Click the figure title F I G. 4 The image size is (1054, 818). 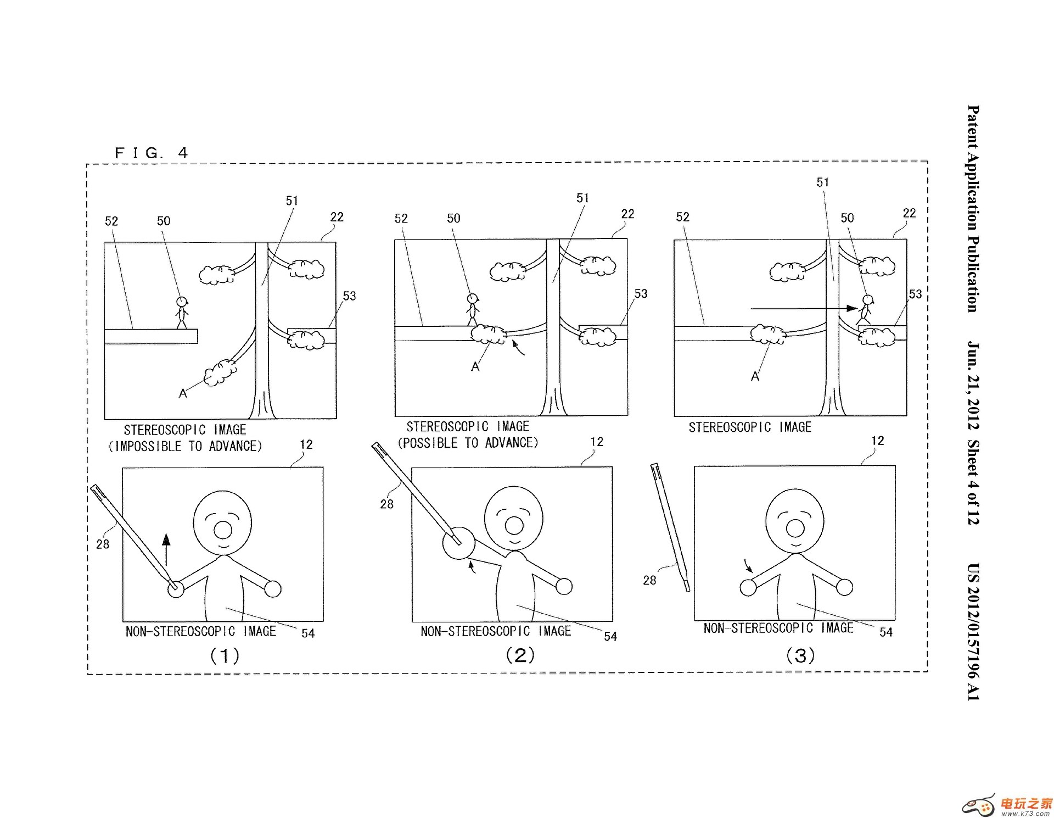pos(151,153)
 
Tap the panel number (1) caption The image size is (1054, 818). pos(225,655)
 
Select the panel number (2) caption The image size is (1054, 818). pos(519,655)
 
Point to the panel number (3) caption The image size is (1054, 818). pos(800,655)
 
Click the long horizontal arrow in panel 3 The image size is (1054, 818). pos(801,309)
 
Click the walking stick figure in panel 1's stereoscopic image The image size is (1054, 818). pos(181,313)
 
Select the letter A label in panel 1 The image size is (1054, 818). pos(183,393)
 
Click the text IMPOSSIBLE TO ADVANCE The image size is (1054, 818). pos(185,446)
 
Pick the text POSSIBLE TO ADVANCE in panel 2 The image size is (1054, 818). pos(468,443)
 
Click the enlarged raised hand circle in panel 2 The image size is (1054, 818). pos(458,543)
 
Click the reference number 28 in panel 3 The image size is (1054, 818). pos(649,580)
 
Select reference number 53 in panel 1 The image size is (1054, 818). pos(349,296)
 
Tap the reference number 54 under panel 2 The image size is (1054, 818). pos(610,636)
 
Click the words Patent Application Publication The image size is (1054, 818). pos(973,209)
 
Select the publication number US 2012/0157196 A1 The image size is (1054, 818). pos(973,632)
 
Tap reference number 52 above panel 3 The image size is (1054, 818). pos(682,217)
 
